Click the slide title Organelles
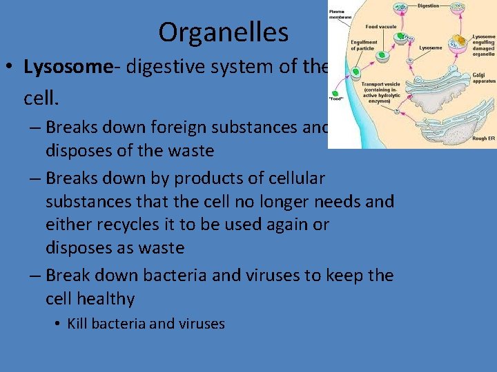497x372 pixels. pos(223,32)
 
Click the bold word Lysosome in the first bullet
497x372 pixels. pos(67,67)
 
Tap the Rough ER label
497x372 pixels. pos(483,138)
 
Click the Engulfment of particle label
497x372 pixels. pos(364,45)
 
